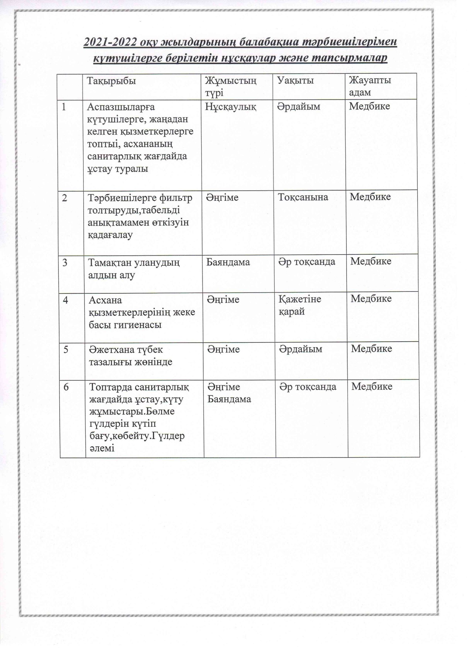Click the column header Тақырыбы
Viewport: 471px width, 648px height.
coord(111,81)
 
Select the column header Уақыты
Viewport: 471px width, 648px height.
coord(296,80)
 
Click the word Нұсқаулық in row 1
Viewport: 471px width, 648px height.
coord(231,107)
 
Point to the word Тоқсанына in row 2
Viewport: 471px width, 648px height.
coord(303,197)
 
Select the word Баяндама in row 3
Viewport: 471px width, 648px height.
coord(228,262)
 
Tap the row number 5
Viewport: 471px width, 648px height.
coord(66,349)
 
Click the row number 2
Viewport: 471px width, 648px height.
coord(65,197)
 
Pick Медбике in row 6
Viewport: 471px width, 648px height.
coord(371,386)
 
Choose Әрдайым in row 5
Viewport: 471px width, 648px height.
coord(301,349)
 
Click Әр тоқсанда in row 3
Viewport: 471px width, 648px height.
coord(307,262)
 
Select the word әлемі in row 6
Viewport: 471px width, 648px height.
coord(102,448)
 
